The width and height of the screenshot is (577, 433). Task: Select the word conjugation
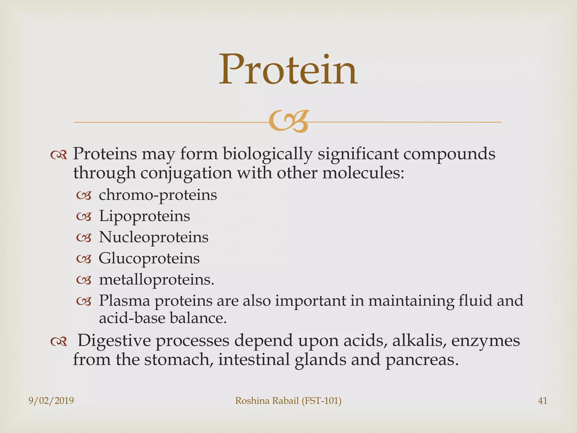[x=186, y=173]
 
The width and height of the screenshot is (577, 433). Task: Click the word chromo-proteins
[x=158, y=195]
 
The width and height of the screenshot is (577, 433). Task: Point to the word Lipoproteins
[x=144, y=216]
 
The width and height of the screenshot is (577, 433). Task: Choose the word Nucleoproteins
[x=154, y=237]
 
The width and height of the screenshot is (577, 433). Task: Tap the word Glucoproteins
[x=149, y=259]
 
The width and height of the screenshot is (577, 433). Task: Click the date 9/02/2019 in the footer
[x=51, y=401]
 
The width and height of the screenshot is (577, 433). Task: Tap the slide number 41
[x=542, y=401]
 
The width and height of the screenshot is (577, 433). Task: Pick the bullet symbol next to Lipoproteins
[x=84, y=217]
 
